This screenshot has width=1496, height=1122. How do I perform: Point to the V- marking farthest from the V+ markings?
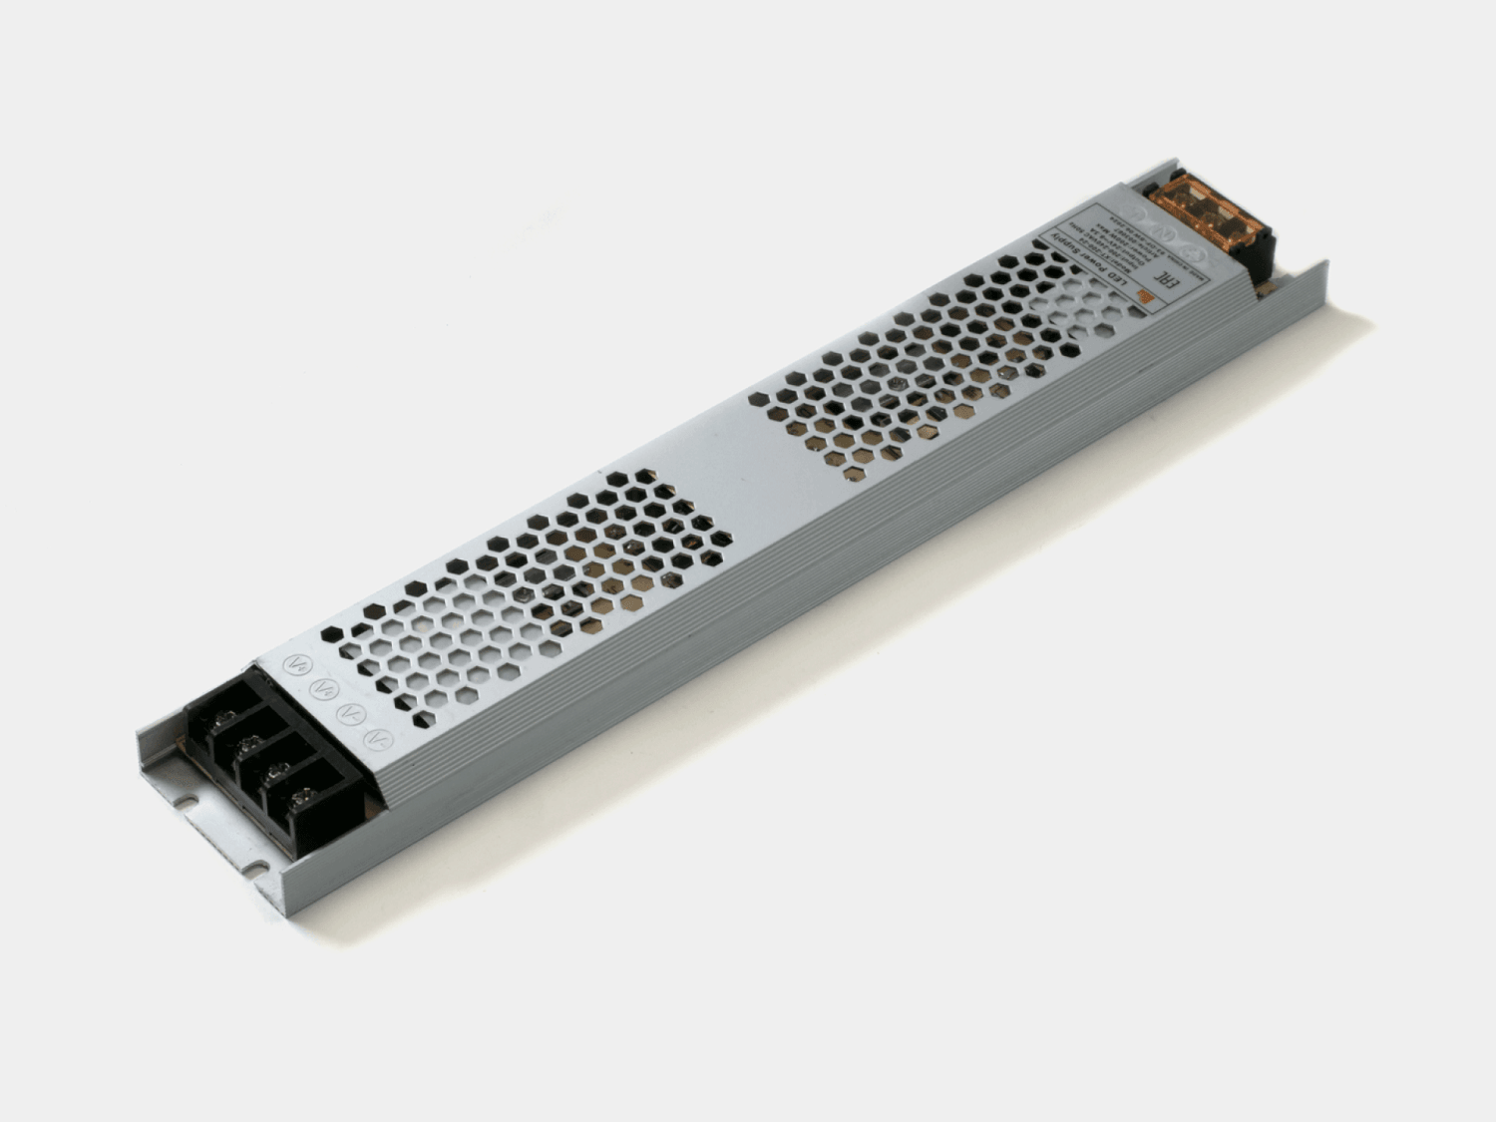[378, 740]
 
